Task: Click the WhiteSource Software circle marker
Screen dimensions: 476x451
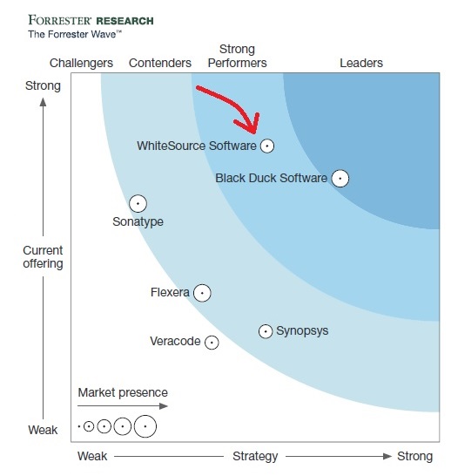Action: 267,146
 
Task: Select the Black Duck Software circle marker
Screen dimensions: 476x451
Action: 340,179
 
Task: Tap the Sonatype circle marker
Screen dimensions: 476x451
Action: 138,204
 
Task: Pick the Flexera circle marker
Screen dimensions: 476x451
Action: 202,293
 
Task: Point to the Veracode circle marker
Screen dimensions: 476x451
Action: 211,342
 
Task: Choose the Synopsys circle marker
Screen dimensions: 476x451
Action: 266,331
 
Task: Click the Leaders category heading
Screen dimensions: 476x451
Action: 361,63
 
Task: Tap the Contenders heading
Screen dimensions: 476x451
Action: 160,63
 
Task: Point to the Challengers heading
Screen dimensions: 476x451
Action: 82,63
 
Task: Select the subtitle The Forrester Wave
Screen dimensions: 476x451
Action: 75,34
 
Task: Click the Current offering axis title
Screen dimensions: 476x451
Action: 43,257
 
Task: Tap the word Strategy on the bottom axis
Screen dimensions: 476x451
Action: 255,456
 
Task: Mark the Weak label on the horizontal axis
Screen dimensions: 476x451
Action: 92,456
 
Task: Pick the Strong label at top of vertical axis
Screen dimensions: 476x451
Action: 44,85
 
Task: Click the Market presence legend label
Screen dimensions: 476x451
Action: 123,392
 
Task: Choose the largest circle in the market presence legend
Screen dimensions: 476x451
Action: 145,426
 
